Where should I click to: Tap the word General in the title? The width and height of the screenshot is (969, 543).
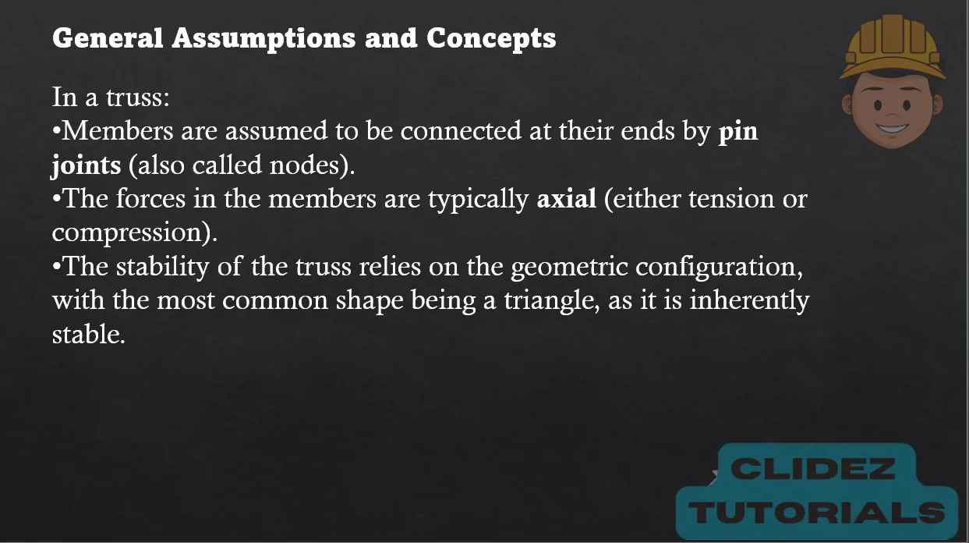[108, 38]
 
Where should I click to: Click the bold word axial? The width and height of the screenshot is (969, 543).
[566, 199]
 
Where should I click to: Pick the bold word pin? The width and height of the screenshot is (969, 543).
[738, 132]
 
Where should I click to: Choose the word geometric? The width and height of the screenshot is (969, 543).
[569, 268]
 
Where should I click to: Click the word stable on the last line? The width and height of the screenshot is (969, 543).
[89, 334]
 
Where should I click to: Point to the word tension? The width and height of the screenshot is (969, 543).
[731, 200]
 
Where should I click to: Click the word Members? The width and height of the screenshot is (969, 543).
[118, 131]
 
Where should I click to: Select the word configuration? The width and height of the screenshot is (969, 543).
[719, 268]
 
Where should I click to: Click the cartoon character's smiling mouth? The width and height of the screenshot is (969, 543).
[891, 129]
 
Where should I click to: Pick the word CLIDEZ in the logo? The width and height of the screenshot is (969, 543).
[813, 469]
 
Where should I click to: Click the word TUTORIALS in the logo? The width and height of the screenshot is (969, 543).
[817, 513]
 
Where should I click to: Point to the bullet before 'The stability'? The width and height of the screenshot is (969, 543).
[57, 267]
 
